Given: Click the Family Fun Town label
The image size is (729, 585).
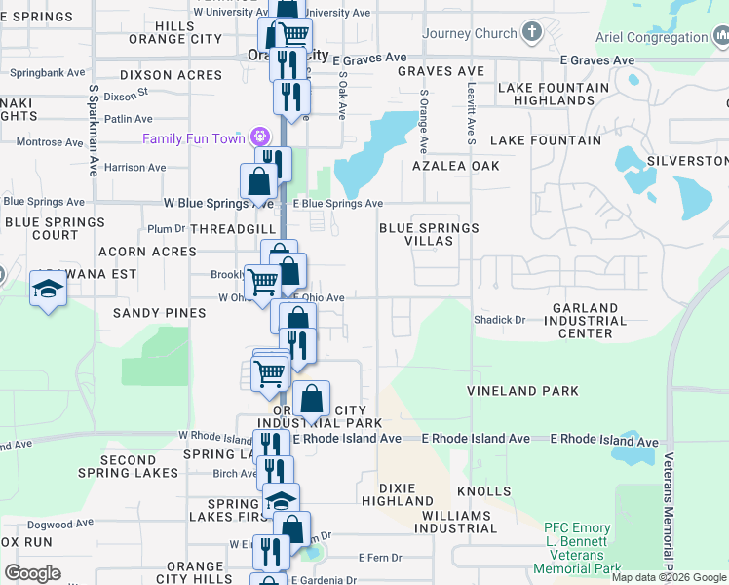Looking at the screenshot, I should point(194,138).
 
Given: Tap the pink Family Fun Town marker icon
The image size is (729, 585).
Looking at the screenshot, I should point(260,137).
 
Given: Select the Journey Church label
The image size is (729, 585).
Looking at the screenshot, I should point(470,33).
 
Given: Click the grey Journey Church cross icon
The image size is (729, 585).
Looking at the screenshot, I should point(531,33).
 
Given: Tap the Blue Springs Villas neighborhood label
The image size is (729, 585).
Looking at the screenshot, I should point(429,234).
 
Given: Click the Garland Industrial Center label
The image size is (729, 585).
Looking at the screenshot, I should point(585,321).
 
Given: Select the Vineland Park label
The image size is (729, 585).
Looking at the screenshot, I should point(522,391).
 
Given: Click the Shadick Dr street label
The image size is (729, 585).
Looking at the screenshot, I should point(499,319).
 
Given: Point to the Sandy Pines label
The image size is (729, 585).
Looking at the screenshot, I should point(160,313).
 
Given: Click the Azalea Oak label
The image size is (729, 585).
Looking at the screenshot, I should point(456,166).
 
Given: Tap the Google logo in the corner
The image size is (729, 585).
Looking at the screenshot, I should point(32,573).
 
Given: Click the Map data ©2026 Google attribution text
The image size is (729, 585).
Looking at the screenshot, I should point(670,577).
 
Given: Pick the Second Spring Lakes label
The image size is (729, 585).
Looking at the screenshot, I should point(128,466).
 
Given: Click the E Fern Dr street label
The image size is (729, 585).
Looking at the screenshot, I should point(374,558).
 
